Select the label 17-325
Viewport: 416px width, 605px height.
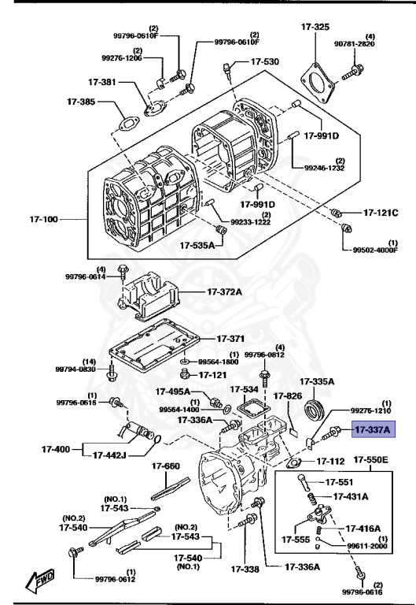[315, 28]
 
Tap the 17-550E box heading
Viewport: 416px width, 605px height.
[374, 459]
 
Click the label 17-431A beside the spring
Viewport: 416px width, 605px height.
[351, 497]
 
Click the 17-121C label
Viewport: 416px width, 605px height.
[381, 213]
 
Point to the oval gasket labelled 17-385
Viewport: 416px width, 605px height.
[127, 124]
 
